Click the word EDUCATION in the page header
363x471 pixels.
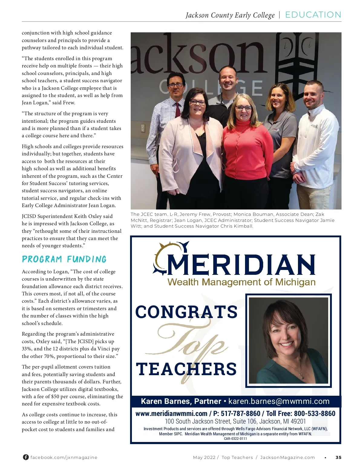(x=313, y=15)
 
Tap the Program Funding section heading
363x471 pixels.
(x=64, y=259)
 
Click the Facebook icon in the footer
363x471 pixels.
(x=26, y=457)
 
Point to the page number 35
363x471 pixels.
(x=338, y=457)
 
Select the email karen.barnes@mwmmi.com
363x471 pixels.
(x=279, y=401)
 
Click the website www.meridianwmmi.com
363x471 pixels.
(x=171, y=414)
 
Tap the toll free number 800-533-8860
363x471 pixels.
(x=315, y=414)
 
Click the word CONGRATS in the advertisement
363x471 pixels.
(x=186, y=312)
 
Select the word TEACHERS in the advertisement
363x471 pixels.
(x=186, y=369)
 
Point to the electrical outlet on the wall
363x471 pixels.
(x=143, y=128)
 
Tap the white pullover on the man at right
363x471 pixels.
(x=316, y=142)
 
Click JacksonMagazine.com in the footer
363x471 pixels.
(x=287, y=457)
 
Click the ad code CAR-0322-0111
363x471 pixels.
(x=235, y=439)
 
